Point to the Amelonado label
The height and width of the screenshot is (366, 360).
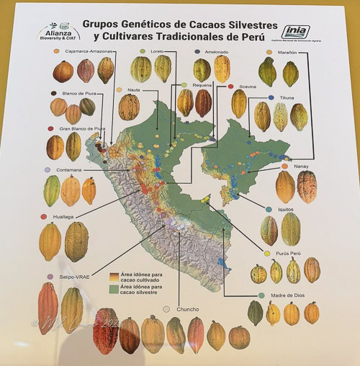pos(217,52)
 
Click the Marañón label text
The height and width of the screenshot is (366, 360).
pos(289,52)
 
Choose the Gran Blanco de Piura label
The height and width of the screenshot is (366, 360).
pos(81,129)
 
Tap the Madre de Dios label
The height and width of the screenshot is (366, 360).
pos(287,295)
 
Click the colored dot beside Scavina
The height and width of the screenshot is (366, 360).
pos(230,86)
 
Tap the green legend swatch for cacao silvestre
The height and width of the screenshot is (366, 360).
pos(112,288)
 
